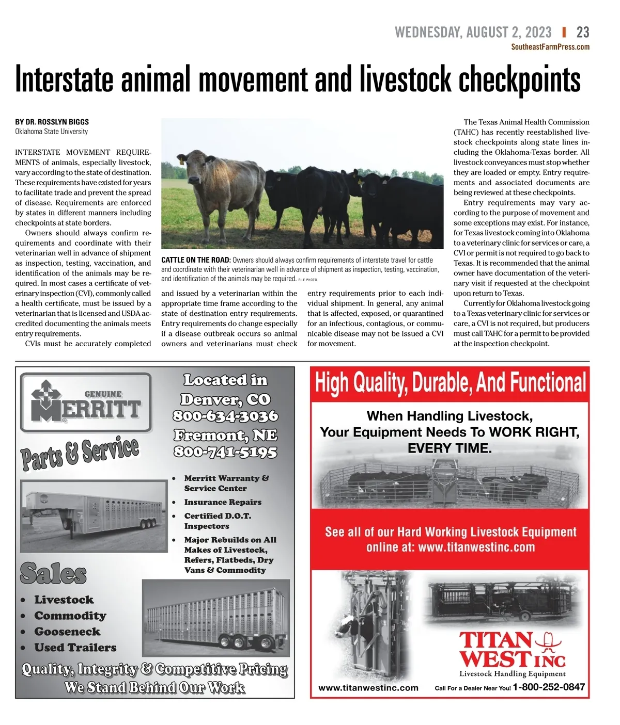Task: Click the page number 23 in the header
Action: [582, 33]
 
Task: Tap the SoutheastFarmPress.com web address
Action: [550, 47]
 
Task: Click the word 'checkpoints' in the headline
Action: [519, 80]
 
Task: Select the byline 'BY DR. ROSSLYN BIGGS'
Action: [52, 122]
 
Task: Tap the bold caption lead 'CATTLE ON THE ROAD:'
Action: [196, 260]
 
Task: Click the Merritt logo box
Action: [86, 402]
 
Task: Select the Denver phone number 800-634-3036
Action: [225, 416]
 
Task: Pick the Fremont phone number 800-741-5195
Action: [225, 452]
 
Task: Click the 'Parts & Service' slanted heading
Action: [80, 453]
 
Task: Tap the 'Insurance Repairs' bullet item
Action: [223, 502]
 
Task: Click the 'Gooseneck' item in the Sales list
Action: [67, 632]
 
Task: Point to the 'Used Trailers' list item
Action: [75, 648]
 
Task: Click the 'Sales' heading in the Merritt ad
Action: [53, 573]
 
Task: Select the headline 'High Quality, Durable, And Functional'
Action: [450, 383]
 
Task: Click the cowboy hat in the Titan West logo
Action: [548, 641]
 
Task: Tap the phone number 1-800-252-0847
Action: [549, 687]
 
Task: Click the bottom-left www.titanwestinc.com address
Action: [368, 688]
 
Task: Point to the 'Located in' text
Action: [225, 380]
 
